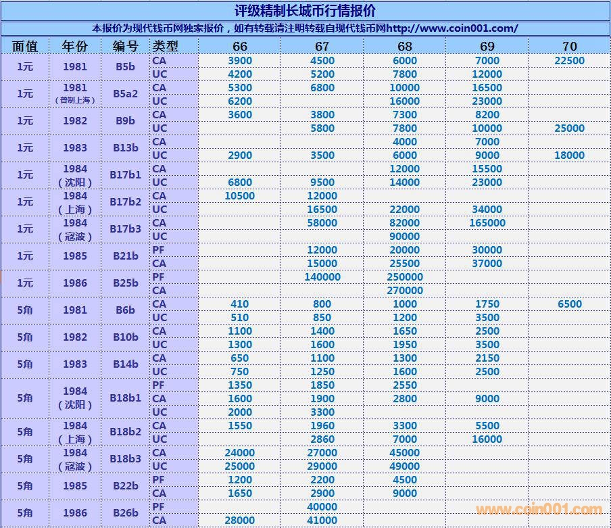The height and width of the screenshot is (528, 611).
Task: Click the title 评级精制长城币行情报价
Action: pyautogui.click(x=305, y=11)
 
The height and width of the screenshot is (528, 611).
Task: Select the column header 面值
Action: pyautogui.click(x=25, y=46)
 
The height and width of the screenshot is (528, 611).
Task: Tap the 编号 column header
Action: pyautogui.click(x=124, y=46)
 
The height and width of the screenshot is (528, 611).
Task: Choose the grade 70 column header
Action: pyautogui.click(x=569, y=46)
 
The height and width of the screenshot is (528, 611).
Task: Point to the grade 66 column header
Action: pyautogui.click(x=240, y=46)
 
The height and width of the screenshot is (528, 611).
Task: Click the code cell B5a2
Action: pyautogui.click(x=125, y=94)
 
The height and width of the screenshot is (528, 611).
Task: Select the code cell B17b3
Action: pyautogui.click(x=125, y=229)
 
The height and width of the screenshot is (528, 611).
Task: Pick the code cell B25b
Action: pyautogui.click(x=125, y=283)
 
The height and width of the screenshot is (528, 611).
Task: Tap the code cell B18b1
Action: pyautogui.click(x=125, y=398)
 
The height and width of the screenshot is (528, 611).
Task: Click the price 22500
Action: pyautogui.click(x=569, y=61)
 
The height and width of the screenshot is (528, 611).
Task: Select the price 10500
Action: pyautogui.click(x=240, y=196)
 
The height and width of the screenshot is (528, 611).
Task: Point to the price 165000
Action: pyautogui.click(x=487, y=223)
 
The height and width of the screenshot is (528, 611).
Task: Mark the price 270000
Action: pyautogui.click(x=404, y=291)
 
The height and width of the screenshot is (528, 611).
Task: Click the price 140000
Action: pyautogui.click(x=322, y=277)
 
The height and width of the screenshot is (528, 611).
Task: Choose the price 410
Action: pyautogui.click(x=240, y=304)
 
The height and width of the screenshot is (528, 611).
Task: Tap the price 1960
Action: pyautogui.click(x=322, y=426)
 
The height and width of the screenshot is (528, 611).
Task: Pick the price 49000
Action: pyautogui.click(x=404, y=466)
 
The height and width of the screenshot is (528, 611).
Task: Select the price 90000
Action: pyautogui.click(x=404, y=237)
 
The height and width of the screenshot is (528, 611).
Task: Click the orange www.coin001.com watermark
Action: pyautogui.click(x=539, y=510)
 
